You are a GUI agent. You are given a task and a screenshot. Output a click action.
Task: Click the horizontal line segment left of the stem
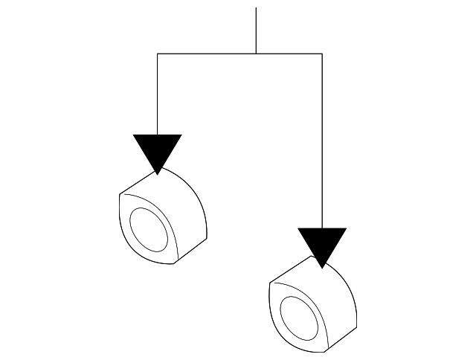click(207, 54)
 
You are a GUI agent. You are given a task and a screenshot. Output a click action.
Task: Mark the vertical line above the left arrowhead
click(158, 94)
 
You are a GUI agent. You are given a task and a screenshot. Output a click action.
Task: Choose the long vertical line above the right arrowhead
click(322, 141)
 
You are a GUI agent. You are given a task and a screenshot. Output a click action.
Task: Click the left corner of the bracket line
click(158, 54)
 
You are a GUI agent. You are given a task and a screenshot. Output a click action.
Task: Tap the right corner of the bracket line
click(322, 54)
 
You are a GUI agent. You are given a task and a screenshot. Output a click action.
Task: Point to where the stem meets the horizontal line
click(256, 54)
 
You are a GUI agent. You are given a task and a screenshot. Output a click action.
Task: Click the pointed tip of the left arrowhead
click(158, 174)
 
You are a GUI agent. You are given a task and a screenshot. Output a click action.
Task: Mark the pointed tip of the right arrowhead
click(322, 267)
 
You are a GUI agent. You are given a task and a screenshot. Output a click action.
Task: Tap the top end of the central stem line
click(256, 9)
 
